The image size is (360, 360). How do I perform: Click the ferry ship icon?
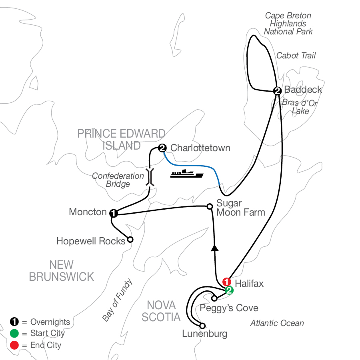[x=187, y=174]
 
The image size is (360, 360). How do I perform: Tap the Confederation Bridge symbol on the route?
[x=150, y=176]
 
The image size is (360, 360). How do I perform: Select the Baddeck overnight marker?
[x=277, y=90]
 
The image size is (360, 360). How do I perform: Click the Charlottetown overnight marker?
[x=162, y=148]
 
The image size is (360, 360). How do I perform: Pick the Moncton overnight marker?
[x=113, y=213]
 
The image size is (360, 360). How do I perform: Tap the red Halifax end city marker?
[x=226, y=282]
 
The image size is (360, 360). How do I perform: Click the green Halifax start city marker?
[x=228, y=290]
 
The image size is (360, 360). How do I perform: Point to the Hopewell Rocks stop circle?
[x=130, y=240]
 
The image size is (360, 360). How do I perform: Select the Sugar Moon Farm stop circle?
[x=209, y=206]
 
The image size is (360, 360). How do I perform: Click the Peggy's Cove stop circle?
[x=214, y=298]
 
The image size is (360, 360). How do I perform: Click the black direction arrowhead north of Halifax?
[x=215, y=248]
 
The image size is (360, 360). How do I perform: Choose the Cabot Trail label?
[x=296, y=56]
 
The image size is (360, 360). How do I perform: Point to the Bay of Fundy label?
[x=117, y=300]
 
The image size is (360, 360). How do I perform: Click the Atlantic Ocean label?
[x=277, y=323]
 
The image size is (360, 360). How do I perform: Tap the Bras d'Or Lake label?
[x=300, y=107]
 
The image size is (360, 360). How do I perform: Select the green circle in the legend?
[x=14, y=333]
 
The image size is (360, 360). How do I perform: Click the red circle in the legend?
[x=14, y=344]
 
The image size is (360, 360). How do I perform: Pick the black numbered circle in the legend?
[x=14, y=322]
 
